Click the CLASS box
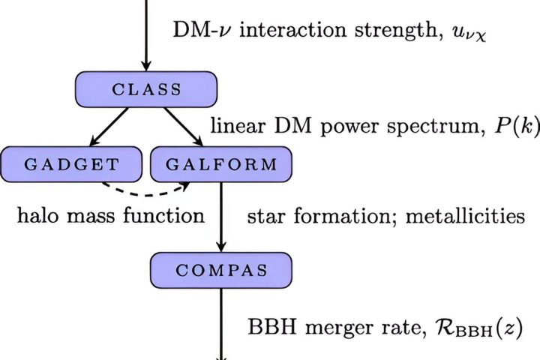146,90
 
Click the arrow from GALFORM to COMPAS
220,217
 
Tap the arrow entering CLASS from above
146,37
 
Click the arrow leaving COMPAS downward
220,322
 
